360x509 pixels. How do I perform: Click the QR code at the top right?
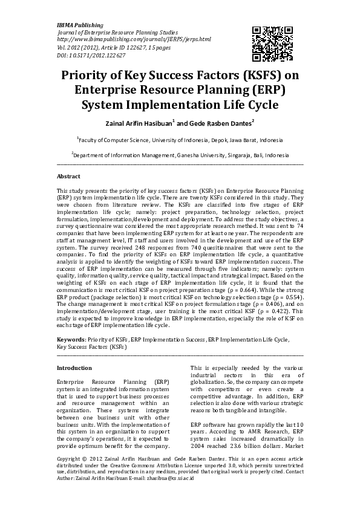(x=267, y=41)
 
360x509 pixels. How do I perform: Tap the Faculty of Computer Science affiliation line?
(x=180, y=139)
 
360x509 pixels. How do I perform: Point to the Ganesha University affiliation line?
(x=180, y=155)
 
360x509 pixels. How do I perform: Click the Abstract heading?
(x=68, y=177)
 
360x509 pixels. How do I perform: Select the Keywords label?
(x=70, y=340)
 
